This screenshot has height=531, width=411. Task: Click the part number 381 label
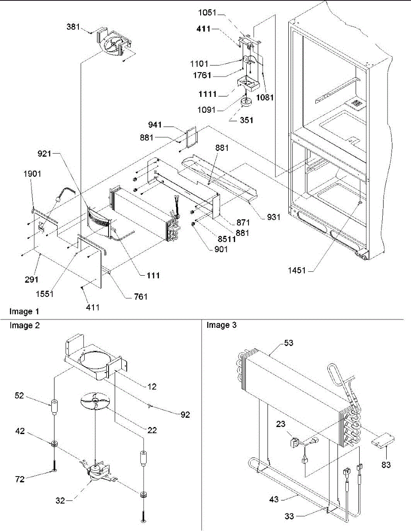73,27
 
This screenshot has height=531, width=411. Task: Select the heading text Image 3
221,325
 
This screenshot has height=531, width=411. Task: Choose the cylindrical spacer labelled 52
54,406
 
